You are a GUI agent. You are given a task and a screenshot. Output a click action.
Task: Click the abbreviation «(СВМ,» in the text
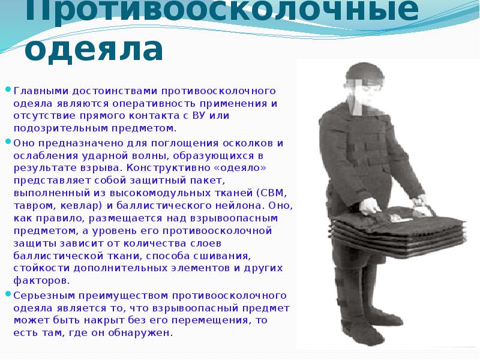tap(271, 193)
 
